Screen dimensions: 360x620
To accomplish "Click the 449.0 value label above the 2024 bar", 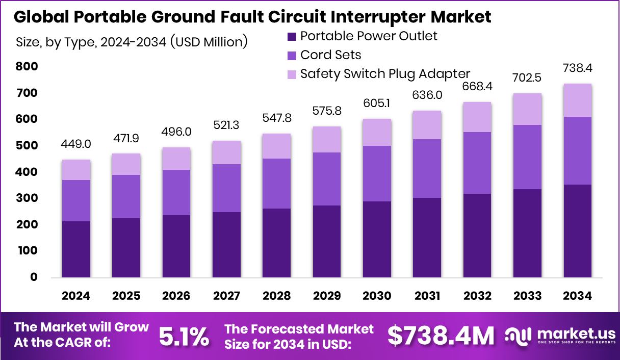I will coord(76,144).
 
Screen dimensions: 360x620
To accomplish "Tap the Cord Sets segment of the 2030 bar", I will coord(377,173).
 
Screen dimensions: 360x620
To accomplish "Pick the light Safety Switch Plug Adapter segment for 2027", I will coord(226,152).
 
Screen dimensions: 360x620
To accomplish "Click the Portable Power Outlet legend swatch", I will coord(292,37).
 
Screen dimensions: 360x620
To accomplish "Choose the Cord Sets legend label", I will coord(330,55).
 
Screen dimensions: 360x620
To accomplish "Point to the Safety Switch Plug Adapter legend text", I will coord(385,73).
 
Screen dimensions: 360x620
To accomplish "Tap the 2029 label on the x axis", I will coord(327,296).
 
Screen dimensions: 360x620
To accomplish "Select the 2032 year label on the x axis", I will coord(477,296).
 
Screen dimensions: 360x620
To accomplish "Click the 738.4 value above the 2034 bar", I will coord(577,68).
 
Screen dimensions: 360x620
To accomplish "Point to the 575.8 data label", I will coord(327,111).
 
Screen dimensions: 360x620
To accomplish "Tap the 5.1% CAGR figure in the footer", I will coord(184,336).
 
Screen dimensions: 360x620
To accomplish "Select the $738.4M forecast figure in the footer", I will coord(441,336).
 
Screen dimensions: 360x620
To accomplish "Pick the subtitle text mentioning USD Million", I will coord(132,42).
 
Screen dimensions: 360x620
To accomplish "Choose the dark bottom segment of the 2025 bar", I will coord(126,248).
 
